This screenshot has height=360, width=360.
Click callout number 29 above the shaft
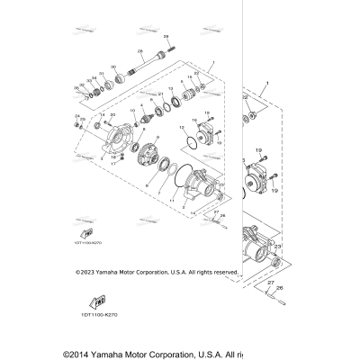165,35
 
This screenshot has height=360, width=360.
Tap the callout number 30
112,67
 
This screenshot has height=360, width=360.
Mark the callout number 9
145,183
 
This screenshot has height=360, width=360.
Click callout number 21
160,94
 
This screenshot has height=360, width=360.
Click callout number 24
76,115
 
